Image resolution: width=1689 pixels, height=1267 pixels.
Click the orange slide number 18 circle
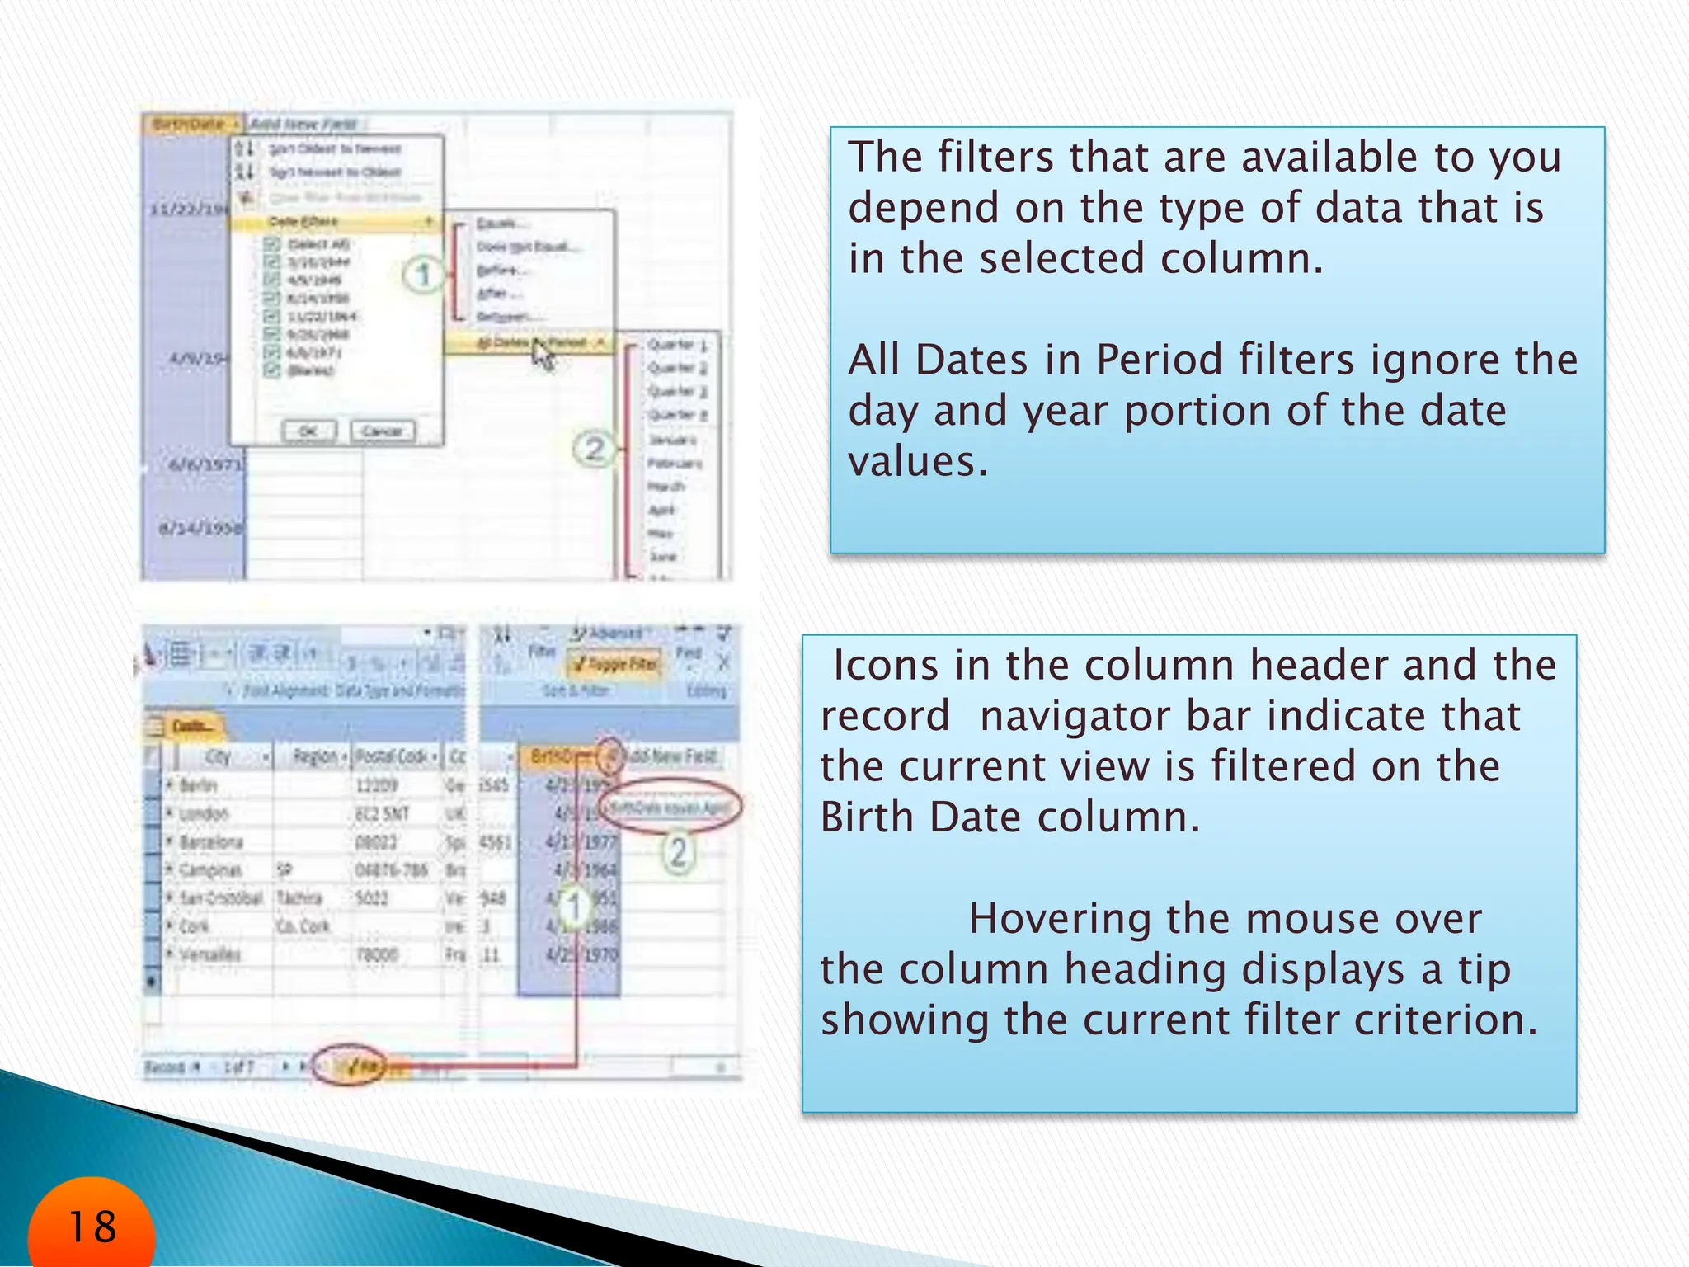(x=91, y=1226)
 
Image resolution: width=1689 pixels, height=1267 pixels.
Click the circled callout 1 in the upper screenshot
(x=423, y=275)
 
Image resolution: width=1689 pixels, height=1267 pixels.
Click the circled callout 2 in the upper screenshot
(x=594, y=450)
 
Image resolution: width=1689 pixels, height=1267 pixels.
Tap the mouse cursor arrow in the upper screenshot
(x=542, y=356)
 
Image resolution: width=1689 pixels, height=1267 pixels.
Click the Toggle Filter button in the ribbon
(x=616, y=664)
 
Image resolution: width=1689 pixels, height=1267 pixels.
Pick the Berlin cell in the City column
(x=200, y=784)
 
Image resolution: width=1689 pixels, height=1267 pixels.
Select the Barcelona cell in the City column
(x=211, y=841)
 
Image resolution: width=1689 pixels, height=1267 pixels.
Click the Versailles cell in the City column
(x=210, y=954)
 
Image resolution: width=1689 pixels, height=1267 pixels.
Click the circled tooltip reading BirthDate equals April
(x=669, y=807)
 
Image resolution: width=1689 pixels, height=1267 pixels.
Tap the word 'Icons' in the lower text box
(x=885, y=665)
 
